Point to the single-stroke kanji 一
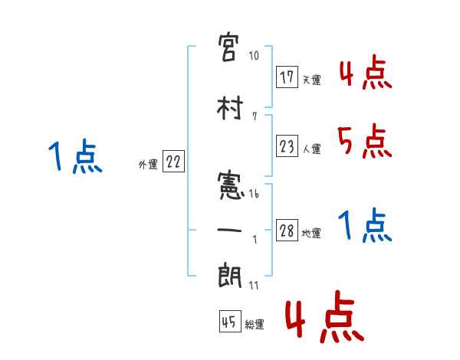coord(232,229)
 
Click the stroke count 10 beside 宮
coord(255,56)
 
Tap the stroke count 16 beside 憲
coord(255,194)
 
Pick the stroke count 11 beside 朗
coord(254,286)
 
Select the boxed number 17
coord(287,77)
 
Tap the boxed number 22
coord(173,162)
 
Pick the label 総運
coord(255,325)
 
